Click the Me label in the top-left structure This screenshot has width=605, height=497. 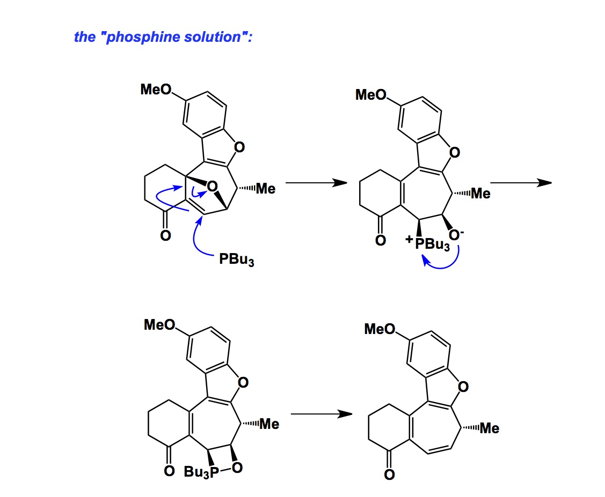click(x=265, y=189)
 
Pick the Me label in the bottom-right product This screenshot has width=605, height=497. click(x=489, y=428)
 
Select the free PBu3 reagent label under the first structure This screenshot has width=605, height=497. click(x=236, y=261)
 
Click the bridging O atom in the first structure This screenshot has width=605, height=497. click(x=212, y=187)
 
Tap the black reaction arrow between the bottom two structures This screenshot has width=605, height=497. click(x=321, y=414)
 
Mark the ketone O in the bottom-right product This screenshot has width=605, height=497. click(x=389, y=474)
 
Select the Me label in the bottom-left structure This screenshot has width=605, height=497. click(x=269, y=424)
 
